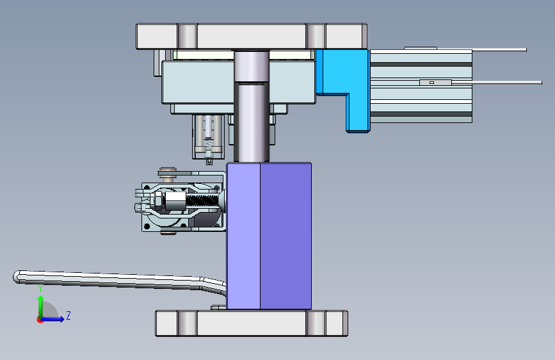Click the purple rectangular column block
(269, 236)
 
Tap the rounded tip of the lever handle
(17, 277)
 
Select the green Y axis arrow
(41, 306)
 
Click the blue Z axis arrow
(52, 319)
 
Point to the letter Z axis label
(68, 315)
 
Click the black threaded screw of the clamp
(202, 201)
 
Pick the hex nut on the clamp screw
(158, 200)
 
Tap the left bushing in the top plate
(187, 36)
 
